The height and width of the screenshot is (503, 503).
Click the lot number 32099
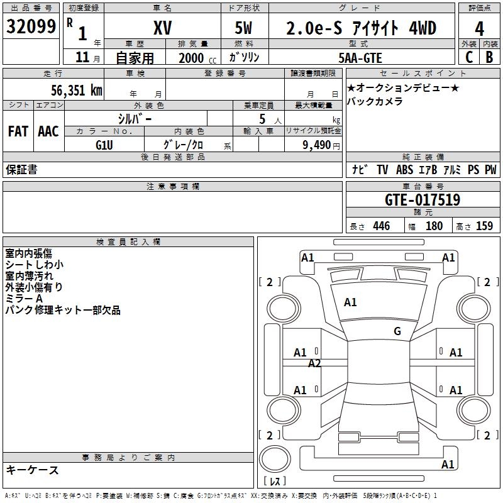point(32,27)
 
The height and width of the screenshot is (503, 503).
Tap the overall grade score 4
point(479,28)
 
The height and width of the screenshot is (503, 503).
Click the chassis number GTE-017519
point(423,200)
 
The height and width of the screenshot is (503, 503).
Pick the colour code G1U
point(104,145)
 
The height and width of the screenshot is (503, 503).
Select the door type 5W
point(244,28)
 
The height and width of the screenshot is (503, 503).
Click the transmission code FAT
point(18,131)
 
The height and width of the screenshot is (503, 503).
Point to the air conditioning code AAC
point(48,131)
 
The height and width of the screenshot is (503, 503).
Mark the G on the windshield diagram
point(397,331)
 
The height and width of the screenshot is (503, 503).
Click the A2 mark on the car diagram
point(314,363)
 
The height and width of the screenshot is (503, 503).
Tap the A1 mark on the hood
point(350,302)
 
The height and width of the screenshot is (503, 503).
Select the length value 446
point(381,226)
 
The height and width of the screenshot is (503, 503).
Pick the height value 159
point(484,226)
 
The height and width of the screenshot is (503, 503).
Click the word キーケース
point(32,470)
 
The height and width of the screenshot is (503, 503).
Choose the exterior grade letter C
point(468,57)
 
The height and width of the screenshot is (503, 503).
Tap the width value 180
point(434,226)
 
